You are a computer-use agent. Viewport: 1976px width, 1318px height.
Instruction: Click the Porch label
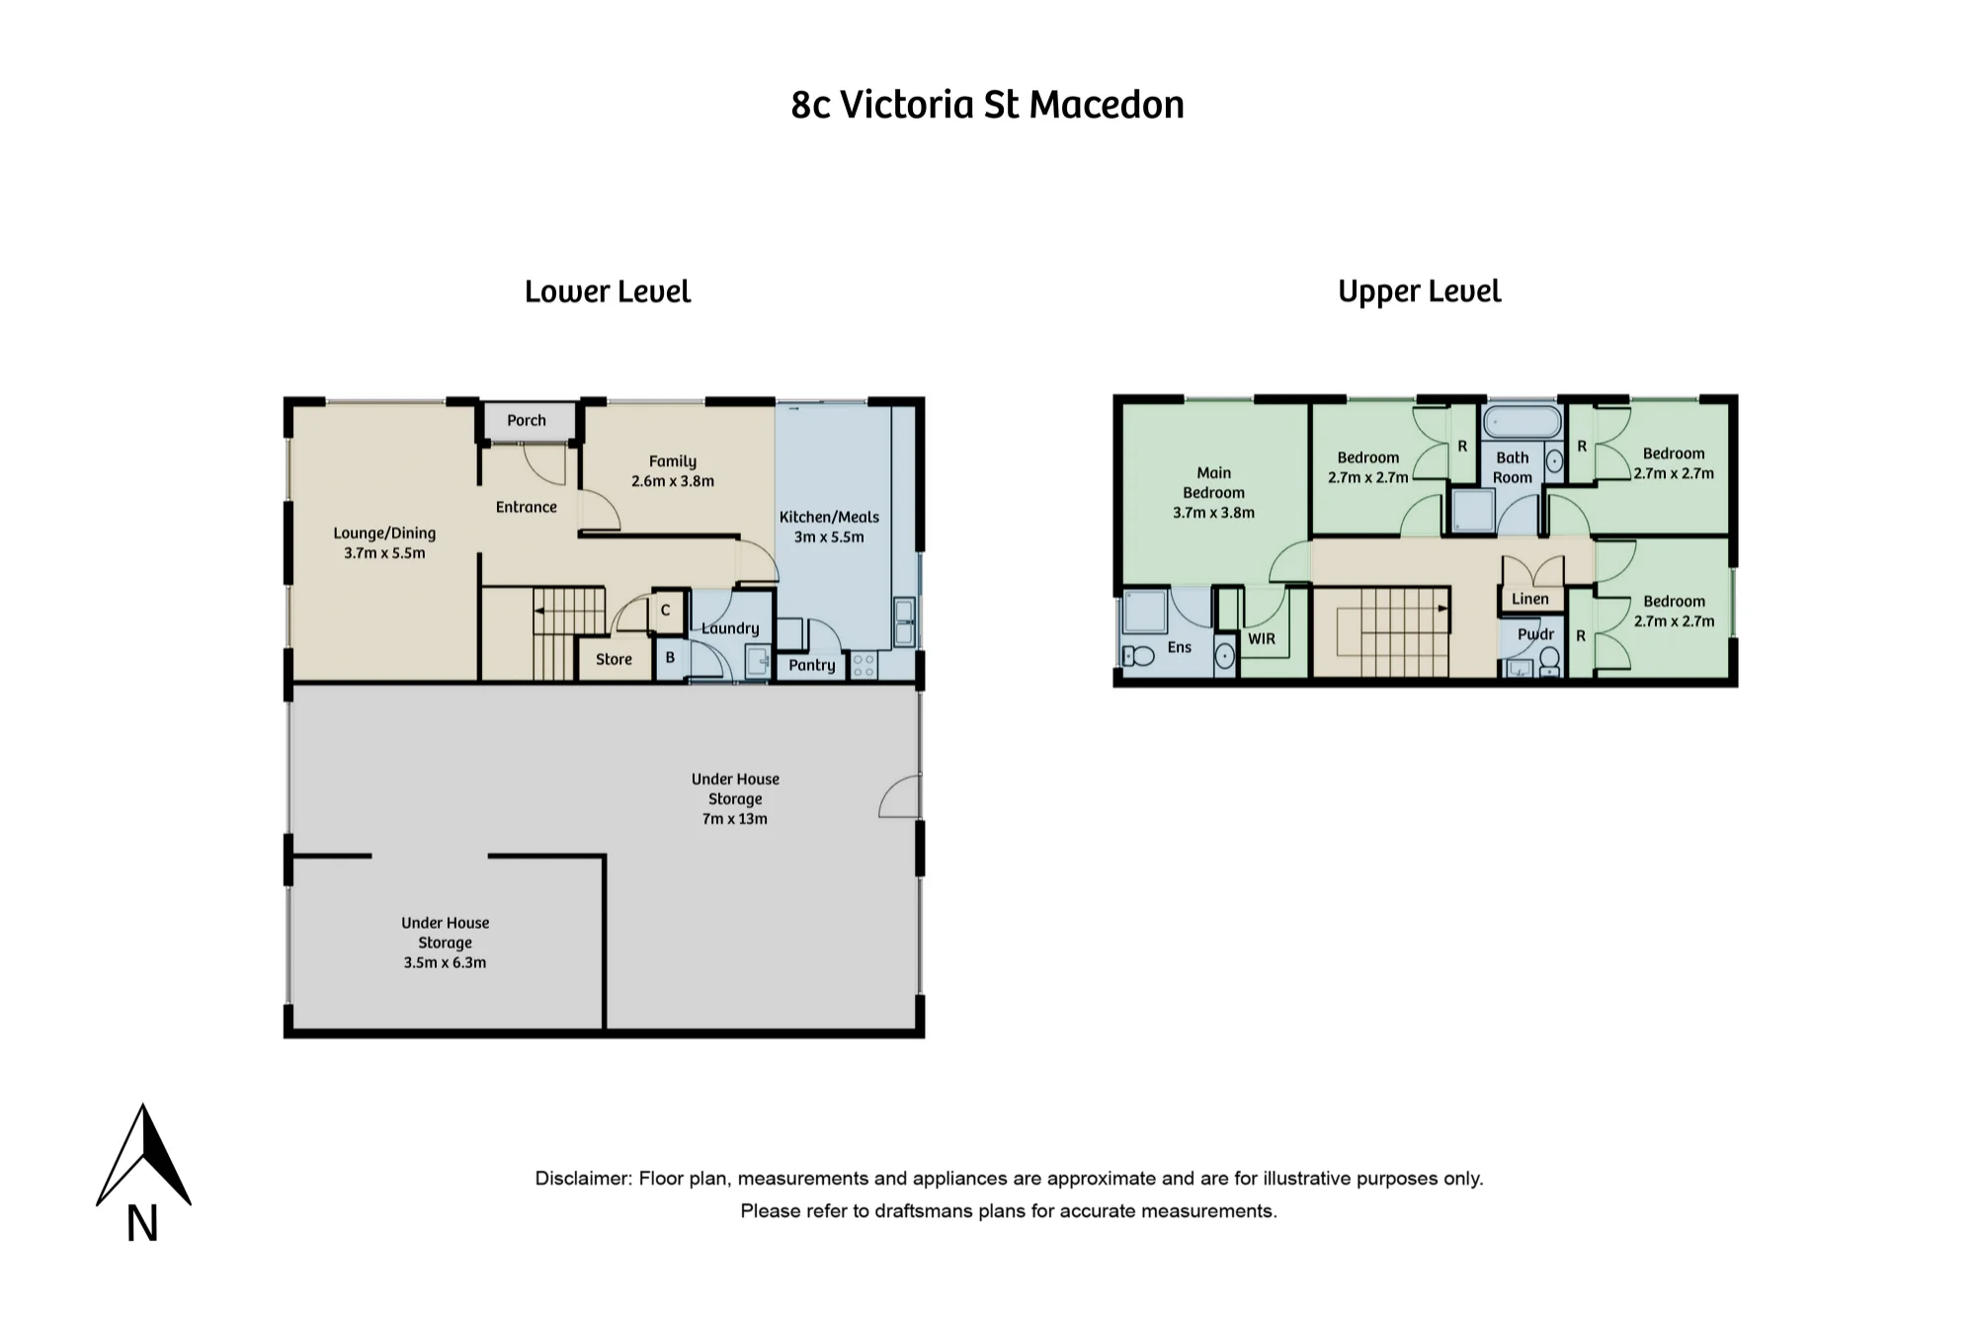click(527, 421)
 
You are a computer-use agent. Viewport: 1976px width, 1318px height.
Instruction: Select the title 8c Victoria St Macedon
click(987, 105)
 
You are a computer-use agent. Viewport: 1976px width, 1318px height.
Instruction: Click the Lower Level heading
click(608, 291)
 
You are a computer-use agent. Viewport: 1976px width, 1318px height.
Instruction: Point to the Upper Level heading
click(1420, 291)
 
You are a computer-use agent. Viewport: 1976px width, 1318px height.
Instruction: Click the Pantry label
click(812, 666)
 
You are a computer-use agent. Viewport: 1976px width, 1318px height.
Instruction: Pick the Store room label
click(614, 659)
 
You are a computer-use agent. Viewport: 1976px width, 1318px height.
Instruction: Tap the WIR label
click(1262, 639)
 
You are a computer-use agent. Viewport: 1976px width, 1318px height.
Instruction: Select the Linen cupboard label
click(1530, 599)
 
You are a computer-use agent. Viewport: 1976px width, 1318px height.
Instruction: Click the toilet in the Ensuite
click(1138, 655)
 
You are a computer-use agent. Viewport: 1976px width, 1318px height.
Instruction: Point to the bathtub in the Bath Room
click(1523, 422)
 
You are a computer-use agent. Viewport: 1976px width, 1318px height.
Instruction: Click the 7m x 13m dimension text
click(734, 819)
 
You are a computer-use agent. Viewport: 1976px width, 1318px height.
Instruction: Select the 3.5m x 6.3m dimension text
click(445, 963)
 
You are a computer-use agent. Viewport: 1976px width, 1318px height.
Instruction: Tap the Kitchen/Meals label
click(829, 517)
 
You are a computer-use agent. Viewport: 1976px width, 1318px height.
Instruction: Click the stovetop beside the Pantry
click(864, 666)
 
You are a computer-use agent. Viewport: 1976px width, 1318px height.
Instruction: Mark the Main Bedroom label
click(1214, 483)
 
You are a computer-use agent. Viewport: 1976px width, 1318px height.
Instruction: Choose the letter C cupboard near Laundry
click(666, 611)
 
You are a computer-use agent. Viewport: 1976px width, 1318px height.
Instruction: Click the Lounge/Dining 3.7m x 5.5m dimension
click(384, 553)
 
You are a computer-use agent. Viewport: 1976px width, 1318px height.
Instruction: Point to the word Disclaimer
click(583, 1179)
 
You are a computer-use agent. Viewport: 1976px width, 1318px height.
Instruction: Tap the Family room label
click(673, 461)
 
